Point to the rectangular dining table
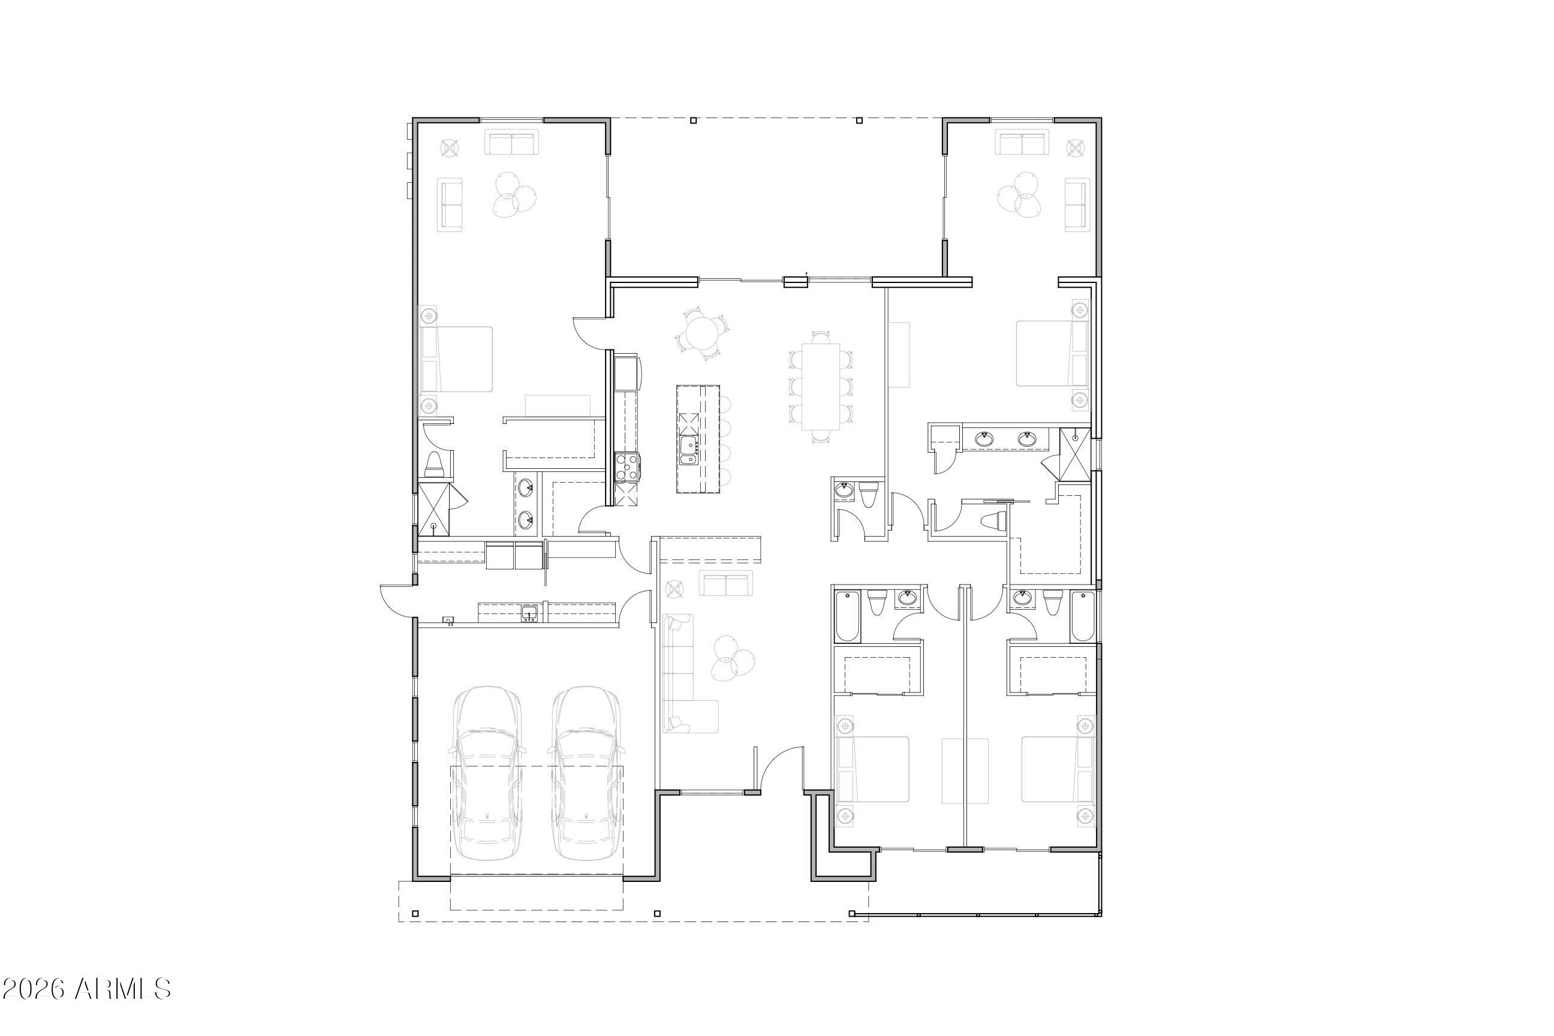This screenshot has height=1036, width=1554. (821, 387)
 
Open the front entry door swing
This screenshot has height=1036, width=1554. (781, 768)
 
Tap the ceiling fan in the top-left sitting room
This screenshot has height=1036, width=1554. (514, 194)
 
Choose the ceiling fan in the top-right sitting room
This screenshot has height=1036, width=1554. (1019, 194)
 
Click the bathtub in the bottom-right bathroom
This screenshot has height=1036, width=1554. (1083, 616)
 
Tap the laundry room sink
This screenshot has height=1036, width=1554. (529, 614)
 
